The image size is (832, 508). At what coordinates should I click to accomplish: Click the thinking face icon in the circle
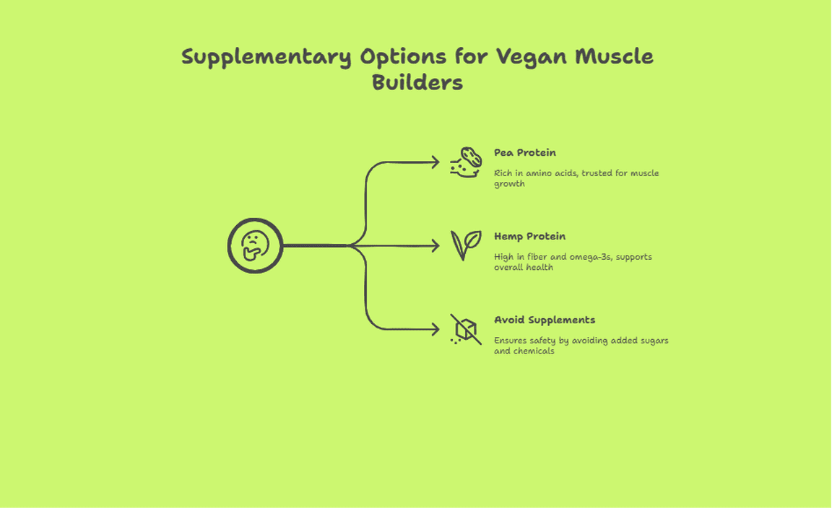255,245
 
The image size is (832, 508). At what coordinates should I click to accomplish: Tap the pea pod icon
465,162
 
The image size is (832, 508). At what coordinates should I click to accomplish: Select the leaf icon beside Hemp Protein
465,245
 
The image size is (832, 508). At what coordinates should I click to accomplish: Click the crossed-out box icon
465,330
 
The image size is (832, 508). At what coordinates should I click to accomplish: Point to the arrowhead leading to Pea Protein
435,162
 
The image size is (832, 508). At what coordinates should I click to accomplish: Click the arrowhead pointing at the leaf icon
435,246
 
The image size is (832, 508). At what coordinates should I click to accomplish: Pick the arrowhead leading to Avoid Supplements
435,330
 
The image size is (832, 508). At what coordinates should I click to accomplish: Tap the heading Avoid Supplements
545,320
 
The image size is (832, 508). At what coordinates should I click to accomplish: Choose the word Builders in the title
417,82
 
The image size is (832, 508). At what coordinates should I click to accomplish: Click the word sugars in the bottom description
652,341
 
